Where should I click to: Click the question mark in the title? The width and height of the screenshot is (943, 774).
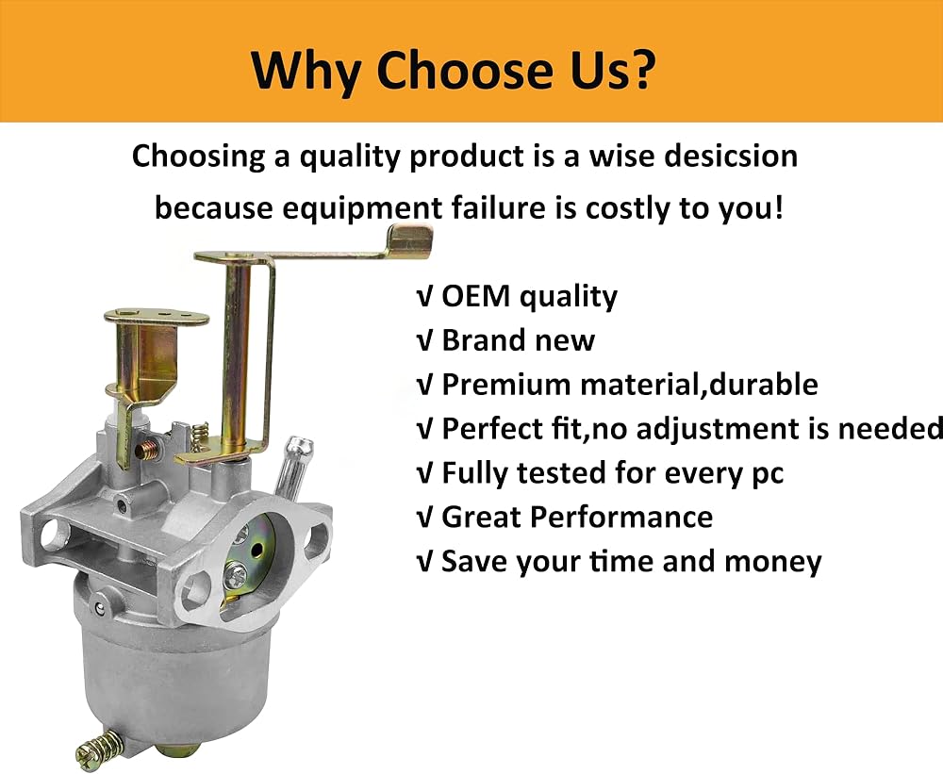pos(637,69)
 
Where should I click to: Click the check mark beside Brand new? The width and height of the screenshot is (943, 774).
pos(424,341)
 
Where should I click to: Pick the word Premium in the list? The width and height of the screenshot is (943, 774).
pos(505,385)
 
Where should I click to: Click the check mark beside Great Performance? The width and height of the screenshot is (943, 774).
pos(424,519)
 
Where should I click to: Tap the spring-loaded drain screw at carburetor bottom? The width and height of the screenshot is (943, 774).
pos(99,747)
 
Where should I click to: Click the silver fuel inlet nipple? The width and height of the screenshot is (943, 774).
pos(290,469)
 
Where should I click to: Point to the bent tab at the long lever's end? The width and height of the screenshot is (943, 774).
pos(409,240)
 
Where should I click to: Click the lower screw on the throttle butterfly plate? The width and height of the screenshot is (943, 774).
pos(235,575)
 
